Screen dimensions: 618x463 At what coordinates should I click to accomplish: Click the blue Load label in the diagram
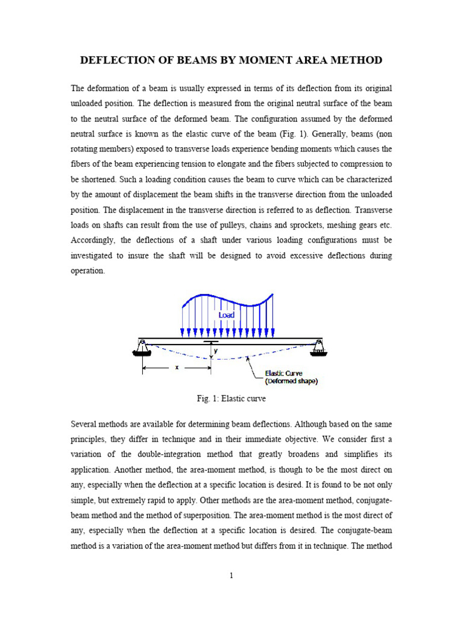tap(226, 315)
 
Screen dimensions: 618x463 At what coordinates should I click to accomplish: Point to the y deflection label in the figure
tap(215, 350)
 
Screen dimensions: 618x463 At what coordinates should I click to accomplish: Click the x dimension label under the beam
tap(177, 368)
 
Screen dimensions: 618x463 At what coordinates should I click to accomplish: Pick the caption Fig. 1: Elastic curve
tap(231, 399)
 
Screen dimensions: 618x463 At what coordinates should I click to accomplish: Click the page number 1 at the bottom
tap(231, 576)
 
